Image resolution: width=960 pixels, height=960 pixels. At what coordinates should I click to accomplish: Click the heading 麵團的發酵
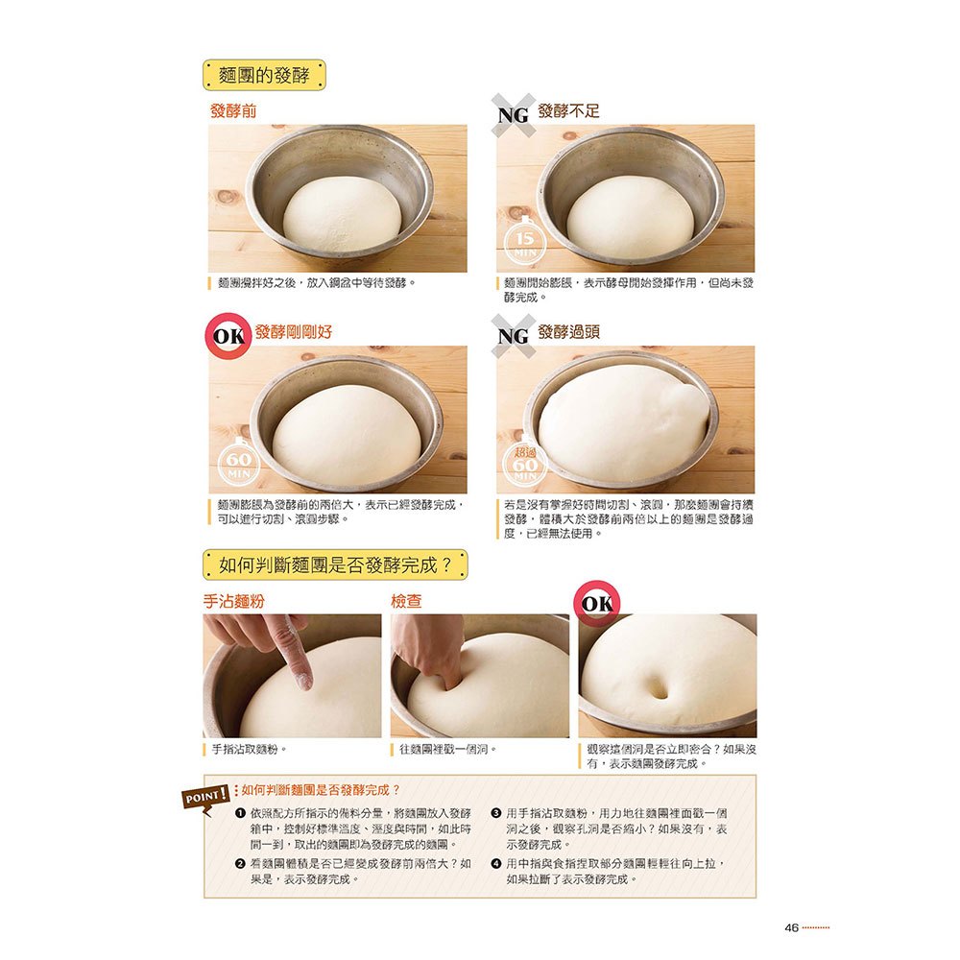click(x=264, y=75)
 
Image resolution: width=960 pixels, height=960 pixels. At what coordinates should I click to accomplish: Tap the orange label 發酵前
click(x=233, y=111)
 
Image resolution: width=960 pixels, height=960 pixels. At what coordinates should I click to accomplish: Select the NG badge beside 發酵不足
click(x=514, y=115)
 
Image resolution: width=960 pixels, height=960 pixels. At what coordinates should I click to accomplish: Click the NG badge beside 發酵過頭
click(x=514, y=336)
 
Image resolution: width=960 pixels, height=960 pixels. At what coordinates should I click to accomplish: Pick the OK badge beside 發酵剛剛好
click(x=228, y=337)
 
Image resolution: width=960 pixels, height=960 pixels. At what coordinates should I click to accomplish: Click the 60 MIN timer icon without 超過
click(x=238, y=466)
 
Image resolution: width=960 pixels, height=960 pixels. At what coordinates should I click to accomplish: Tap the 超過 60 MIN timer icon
click(x=525, y=466)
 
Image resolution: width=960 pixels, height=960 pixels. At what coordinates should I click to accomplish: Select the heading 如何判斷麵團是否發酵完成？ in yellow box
click(x=335, y=565)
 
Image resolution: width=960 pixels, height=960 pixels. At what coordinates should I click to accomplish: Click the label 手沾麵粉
click(x=233, y=602)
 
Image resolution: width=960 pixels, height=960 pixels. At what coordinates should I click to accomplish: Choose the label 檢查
click(x=406, y=602)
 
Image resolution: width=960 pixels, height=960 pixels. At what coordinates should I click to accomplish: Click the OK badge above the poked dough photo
click(x=596, y=604)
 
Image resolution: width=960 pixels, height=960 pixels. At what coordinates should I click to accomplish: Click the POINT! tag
click(x=205, y=796)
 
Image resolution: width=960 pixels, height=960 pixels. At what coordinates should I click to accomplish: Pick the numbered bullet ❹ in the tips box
click(x=496, y=863)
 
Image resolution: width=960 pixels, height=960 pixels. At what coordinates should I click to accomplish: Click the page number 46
click(x=791, y=927)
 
